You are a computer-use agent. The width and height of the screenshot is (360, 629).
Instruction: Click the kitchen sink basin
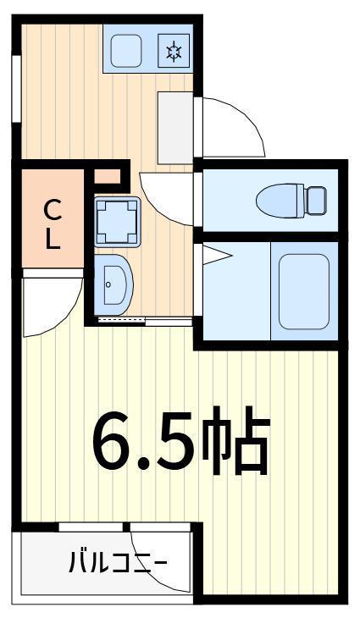[x=126, y=51]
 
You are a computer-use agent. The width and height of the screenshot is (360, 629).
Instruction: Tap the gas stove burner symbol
[x=174, y=51]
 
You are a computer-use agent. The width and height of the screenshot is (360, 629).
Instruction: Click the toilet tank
[x=316, y=201]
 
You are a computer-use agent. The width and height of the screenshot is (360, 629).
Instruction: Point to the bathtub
[x=304, y=291]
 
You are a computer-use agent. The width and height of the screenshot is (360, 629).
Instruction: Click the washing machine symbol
[x=117, y=222]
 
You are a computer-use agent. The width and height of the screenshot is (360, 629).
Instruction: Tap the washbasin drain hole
[x=108, y=284]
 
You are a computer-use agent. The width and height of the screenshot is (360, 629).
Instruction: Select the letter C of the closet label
[x=53, y=210]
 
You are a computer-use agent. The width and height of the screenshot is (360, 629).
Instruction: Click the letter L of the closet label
[x=53, y=240]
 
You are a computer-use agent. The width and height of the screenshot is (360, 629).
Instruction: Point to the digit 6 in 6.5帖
[x=112, y=441]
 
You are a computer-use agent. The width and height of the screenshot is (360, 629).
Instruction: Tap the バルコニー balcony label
[x=117, y=562]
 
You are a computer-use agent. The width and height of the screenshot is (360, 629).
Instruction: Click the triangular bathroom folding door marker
[x=217, y=256]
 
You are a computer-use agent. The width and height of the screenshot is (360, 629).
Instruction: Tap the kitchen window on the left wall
[x=16, y=88]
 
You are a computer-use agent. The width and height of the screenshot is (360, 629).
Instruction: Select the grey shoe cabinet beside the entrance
[x=175, y=128]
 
